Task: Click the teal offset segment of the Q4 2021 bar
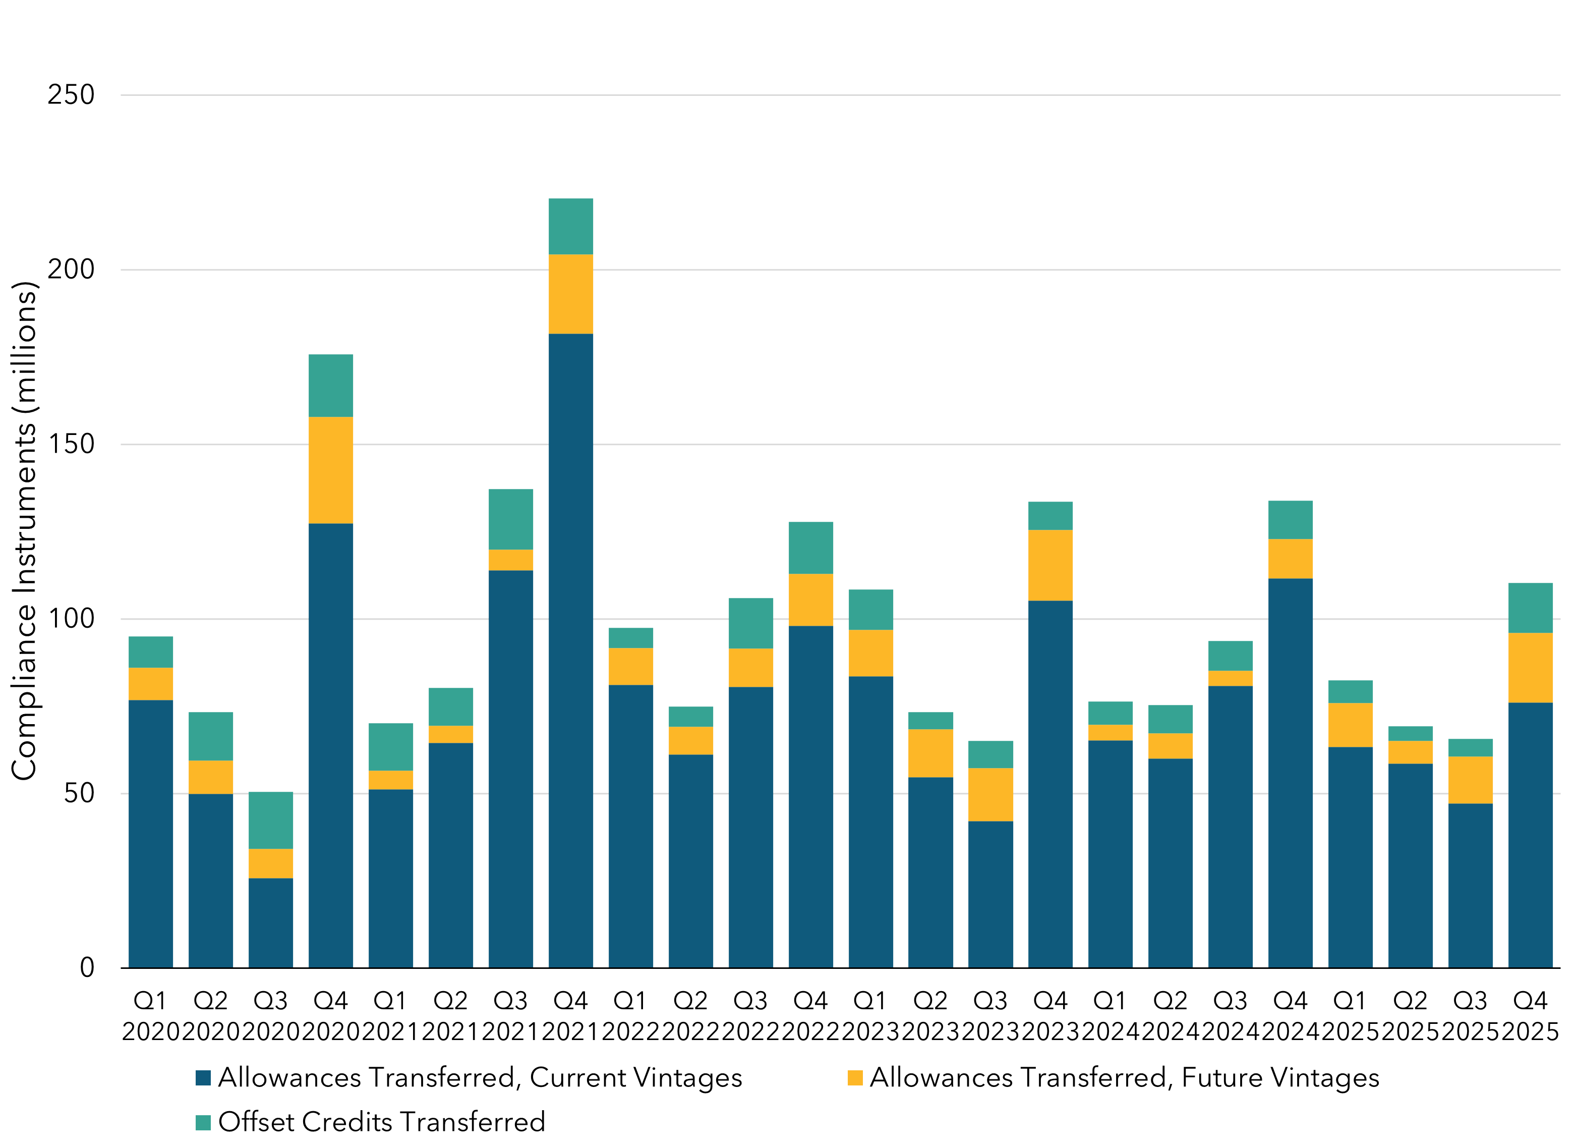point(570,227)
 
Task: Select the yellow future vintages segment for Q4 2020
point(331,470)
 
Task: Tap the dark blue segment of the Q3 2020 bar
point(270,922)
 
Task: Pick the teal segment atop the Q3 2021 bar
point(511,519)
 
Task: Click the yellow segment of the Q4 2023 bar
point(1050,565)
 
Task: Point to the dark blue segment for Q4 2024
point(1290,773)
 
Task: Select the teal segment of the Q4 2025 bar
point(1530,608)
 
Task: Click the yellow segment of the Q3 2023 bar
point(990,795)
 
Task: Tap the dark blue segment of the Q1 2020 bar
point(151,834)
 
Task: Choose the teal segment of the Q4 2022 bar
point(810,548)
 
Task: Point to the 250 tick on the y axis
point(71,95)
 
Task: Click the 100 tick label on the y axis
point(71,619)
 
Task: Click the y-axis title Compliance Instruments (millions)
point(24,531)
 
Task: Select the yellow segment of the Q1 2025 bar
point(1350,725)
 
